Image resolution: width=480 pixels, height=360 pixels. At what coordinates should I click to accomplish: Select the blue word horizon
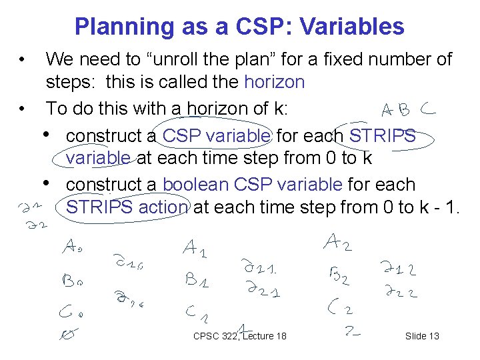(x=275, y=83)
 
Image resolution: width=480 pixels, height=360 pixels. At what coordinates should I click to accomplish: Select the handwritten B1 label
(x=197, y=280)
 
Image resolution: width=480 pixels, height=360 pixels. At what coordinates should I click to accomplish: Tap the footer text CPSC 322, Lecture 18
(x=239, y=336)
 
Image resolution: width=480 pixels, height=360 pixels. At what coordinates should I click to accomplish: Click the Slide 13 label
(x=422, y=336)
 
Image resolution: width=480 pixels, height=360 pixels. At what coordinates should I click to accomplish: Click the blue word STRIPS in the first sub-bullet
(x=382, y=136)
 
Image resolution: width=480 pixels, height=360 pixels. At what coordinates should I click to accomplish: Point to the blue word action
(x=163, y=207)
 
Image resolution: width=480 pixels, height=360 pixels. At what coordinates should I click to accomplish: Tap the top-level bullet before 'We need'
(x=23, y=60)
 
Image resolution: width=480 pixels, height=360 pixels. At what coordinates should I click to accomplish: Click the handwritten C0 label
(x=73, y=311)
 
